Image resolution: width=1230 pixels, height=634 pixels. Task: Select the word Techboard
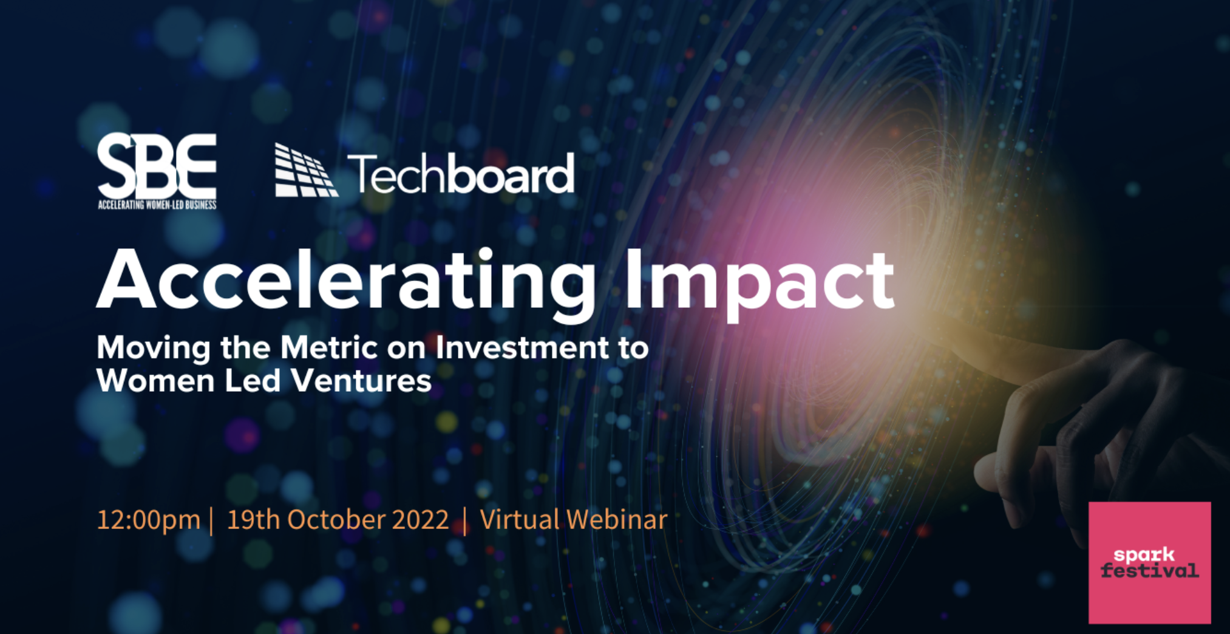point(461,174)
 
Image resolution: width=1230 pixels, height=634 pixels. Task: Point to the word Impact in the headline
point(759,283)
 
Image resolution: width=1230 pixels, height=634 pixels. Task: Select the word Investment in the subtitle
point(523,348)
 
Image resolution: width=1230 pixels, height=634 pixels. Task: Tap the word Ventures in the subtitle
point(361,381)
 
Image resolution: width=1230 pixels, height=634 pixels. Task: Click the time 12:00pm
point(149,520)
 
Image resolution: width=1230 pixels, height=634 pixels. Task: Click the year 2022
point(420,520)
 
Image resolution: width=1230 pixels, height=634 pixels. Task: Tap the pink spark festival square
point(1150,562)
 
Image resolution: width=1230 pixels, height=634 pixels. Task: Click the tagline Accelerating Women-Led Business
point(157,205)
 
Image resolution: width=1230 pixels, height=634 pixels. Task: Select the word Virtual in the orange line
point(520,520)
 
